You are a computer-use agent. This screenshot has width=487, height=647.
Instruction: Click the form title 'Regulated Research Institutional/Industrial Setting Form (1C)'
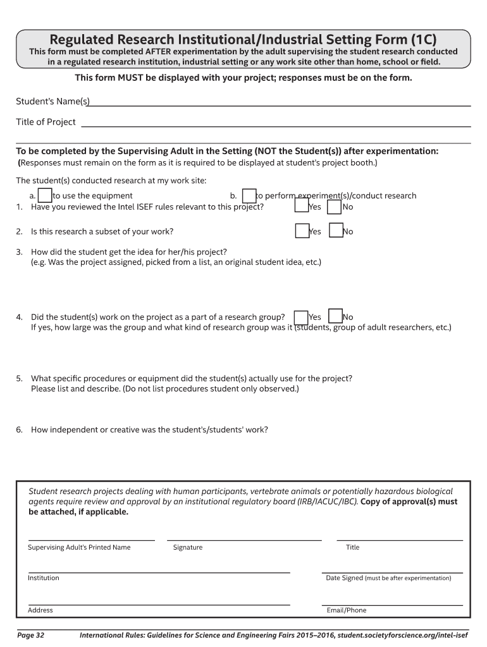click(243, 39)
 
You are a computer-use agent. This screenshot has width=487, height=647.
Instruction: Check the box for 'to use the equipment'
click(45, 195)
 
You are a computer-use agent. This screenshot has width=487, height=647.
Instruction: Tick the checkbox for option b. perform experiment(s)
click(249, 196)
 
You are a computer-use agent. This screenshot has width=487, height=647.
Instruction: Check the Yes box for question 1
click(302, 207)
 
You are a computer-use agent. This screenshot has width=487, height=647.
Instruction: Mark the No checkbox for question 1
click(335, 207)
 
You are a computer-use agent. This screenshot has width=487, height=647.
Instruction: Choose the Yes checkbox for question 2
click(302, 231)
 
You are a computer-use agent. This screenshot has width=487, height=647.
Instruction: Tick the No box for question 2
click(336, 231)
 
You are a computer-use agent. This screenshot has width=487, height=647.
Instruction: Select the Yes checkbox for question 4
click(301, 317)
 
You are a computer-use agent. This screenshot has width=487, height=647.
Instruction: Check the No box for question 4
click(335, 317)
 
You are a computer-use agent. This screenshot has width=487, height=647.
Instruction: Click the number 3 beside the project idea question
click(19, 251)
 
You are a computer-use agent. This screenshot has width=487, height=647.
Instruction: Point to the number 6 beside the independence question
click(19, 430)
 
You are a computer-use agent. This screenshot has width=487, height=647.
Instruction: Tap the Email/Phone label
click(346, 610)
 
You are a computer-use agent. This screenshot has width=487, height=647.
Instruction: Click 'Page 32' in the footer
click(30, 634)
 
